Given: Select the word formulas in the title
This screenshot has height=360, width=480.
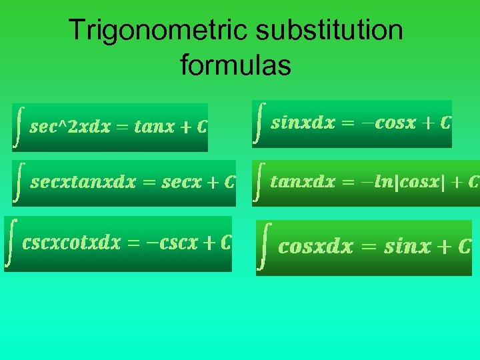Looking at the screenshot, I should [235, 66].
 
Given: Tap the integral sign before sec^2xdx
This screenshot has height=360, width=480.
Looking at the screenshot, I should [20, 127].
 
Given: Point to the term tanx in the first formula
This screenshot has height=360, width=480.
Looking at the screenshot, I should [154, 127].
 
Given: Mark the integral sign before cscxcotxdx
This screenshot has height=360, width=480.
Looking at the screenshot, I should [11, 243].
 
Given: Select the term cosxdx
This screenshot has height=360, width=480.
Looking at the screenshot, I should [315, 247].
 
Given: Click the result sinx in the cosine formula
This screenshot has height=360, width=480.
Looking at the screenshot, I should [407, 247].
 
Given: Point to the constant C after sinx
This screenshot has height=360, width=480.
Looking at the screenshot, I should [465, 247].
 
